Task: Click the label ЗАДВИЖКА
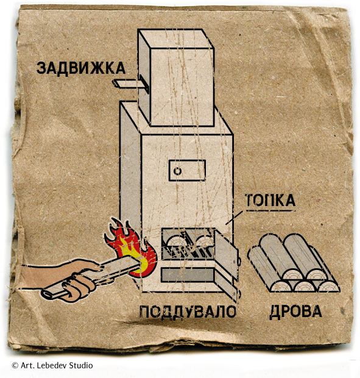81,68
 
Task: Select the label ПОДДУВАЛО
188,312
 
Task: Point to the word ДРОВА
295,312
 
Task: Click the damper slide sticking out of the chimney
130,84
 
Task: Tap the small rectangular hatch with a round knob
187,170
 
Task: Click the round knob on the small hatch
178,171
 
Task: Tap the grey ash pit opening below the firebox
188,274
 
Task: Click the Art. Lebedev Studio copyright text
52,365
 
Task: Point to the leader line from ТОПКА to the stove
234,218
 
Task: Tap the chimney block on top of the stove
176,77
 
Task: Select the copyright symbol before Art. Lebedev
15,365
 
